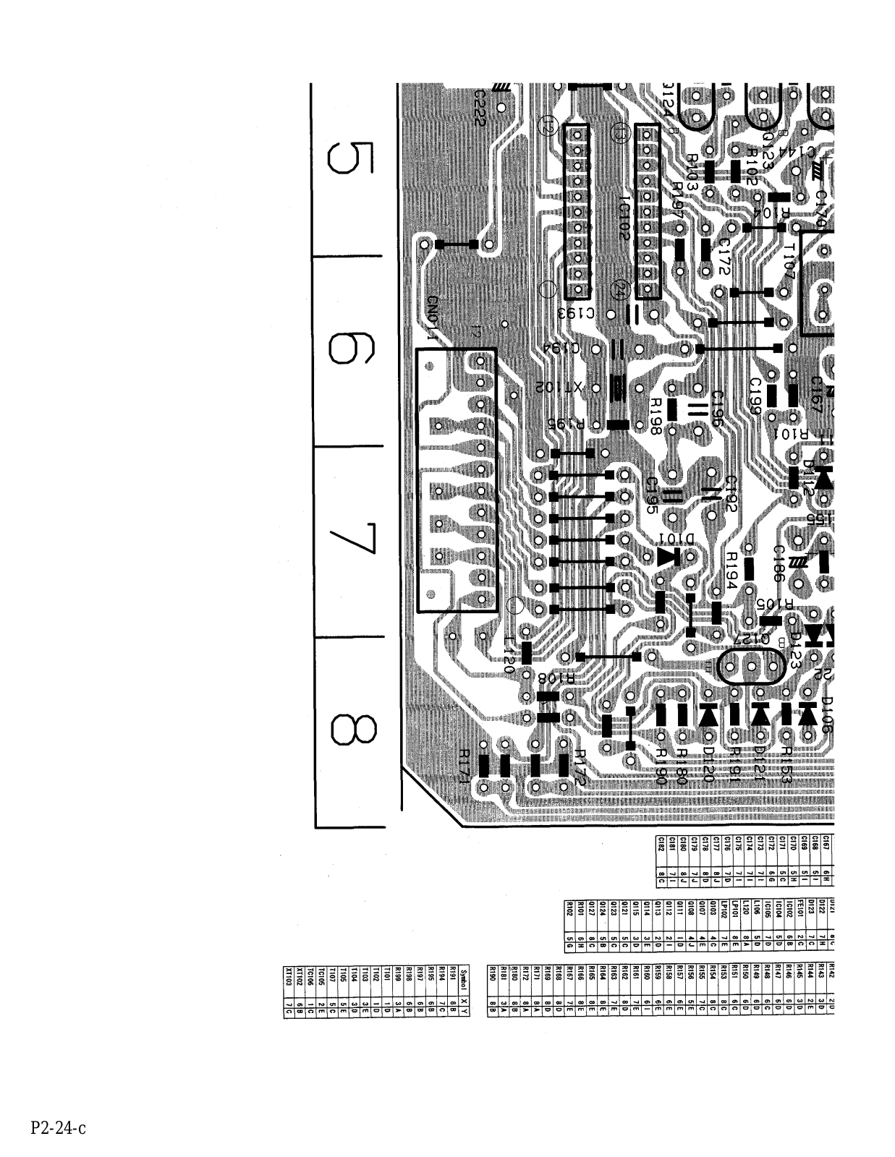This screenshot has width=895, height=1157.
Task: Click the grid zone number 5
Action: pyautogui.click(x=350, y=163)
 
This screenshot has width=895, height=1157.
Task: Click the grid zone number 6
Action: pyautogui.click(x=350, y=349)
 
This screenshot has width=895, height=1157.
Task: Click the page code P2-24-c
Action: pyautogui.click(x=59, y=1127)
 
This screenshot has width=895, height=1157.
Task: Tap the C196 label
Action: pyautogui.click(x=717, y=410)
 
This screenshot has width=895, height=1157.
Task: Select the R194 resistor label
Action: pyautogui.click(x=731, y=570)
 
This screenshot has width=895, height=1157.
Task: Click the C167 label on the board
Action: pyautogui.click(x=817, y=395)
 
